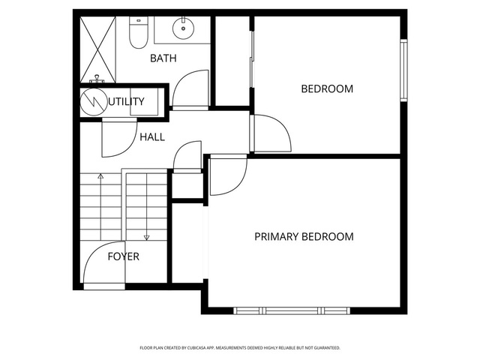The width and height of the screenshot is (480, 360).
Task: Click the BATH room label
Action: tap(163, 58)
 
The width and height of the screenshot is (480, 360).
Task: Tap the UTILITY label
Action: tap(126, 101)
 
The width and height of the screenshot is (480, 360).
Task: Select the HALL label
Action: tap(152, 136)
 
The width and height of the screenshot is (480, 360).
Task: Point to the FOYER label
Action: tap(123, 256)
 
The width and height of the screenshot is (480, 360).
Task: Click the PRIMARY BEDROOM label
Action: tap(304, 237)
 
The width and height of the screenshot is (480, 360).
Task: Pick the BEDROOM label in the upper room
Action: tap(327, 88)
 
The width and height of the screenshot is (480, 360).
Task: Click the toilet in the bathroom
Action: tap(138, 32)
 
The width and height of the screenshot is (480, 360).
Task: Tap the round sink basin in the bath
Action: tap(183, 28)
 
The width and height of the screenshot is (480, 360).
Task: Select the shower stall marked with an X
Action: tap(98, 49)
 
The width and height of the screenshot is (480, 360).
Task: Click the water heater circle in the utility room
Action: tap(93, 102)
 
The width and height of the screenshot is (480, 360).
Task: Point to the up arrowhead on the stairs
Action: tap(100, 176)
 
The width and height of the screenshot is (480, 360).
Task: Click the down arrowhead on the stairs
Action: tap(147, 237)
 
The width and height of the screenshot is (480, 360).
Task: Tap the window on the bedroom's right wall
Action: tap(404, 70)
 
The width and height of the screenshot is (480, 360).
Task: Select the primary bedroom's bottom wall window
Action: tap(292, 311)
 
